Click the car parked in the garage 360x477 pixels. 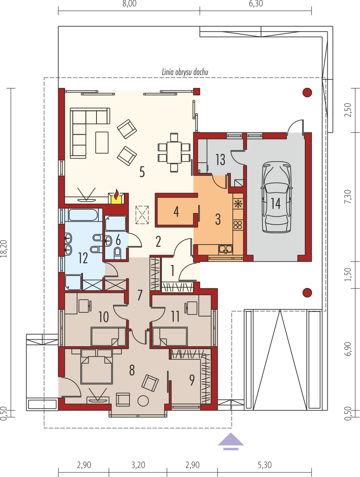click(x=277, y=197)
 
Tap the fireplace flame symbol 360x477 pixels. click(x=116, y=195)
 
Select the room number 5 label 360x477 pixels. click(x=142, y=172)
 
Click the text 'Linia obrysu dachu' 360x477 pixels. click(x=185, y=72)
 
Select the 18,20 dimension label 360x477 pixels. click(x=4, y=249)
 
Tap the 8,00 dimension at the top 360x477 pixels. click(x=129, y=4)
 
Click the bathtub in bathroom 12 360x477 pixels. click(x=83, y=215)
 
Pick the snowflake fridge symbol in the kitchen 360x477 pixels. click(x=238, y=204)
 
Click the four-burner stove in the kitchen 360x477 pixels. click(x=238, y=225)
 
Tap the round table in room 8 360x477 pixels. click(x=143, y=401)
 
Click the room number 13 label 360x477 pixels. click(x=220, y=160)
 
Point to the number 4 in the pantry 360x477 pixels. click(x=176, y=212)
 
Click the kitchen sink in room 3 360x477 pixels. click(x=226, y=249)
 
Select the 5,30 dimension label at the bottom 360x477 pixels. click(x=265, y=465)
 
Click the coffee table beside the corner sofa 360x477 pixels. click(x=102, y=142)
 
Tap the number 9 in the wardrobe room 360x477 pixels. click(x=192, y=380)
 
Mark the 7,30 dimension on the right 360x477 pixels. click(x=348, y=196)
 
